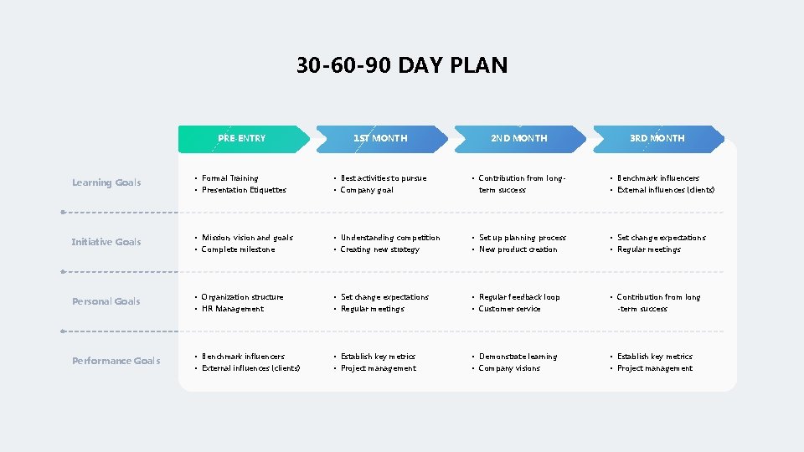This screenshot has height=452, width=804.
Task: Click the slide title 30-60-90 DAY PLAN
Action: [402, 65]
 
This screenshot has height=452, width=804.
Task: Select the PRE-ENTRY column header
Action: [241, 138]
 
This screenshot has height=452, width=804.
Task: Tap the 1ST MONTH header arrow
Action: [380, 138]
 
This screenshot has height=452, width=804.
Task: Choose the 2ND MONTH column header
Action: [518, 138]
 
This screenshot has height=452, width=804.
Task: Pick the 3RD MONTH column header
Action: [657, 138]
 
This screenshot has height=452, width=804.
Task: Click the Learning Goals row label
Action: [106, 182]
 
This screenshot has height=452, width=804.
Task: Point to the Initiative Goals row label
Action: [106, 242]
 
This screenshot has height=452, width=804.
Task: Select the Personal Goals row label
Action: [106, 301]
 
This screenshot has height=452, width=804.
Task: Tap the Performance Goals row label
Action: [116, 361]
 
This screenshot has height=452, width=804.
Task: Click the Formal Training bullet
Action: [230, 178]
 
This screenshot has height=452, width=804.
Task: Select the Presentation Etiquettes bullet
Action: [244, 190]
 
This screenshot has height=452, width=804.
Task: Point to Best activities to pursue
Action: [384, 178]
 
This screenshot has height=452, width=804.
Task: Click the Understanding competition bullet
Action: [390, 238]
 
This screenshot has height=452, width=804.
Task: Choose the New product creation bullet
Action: [518, 249]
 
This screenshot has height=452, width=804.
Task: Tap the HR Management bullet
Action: [233, 309]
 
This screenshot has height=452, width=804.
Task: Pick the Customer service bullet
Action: [509, 309]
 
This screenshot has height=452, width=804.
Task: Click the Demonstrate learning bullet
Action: [518, 357]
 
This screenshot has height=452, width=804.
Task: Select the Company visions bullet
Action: [509, 368]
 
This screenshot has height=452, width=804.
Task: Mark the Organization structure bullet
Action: [243, 297]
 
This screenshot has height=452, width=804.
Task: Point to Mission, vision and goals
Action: [247, 238]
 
